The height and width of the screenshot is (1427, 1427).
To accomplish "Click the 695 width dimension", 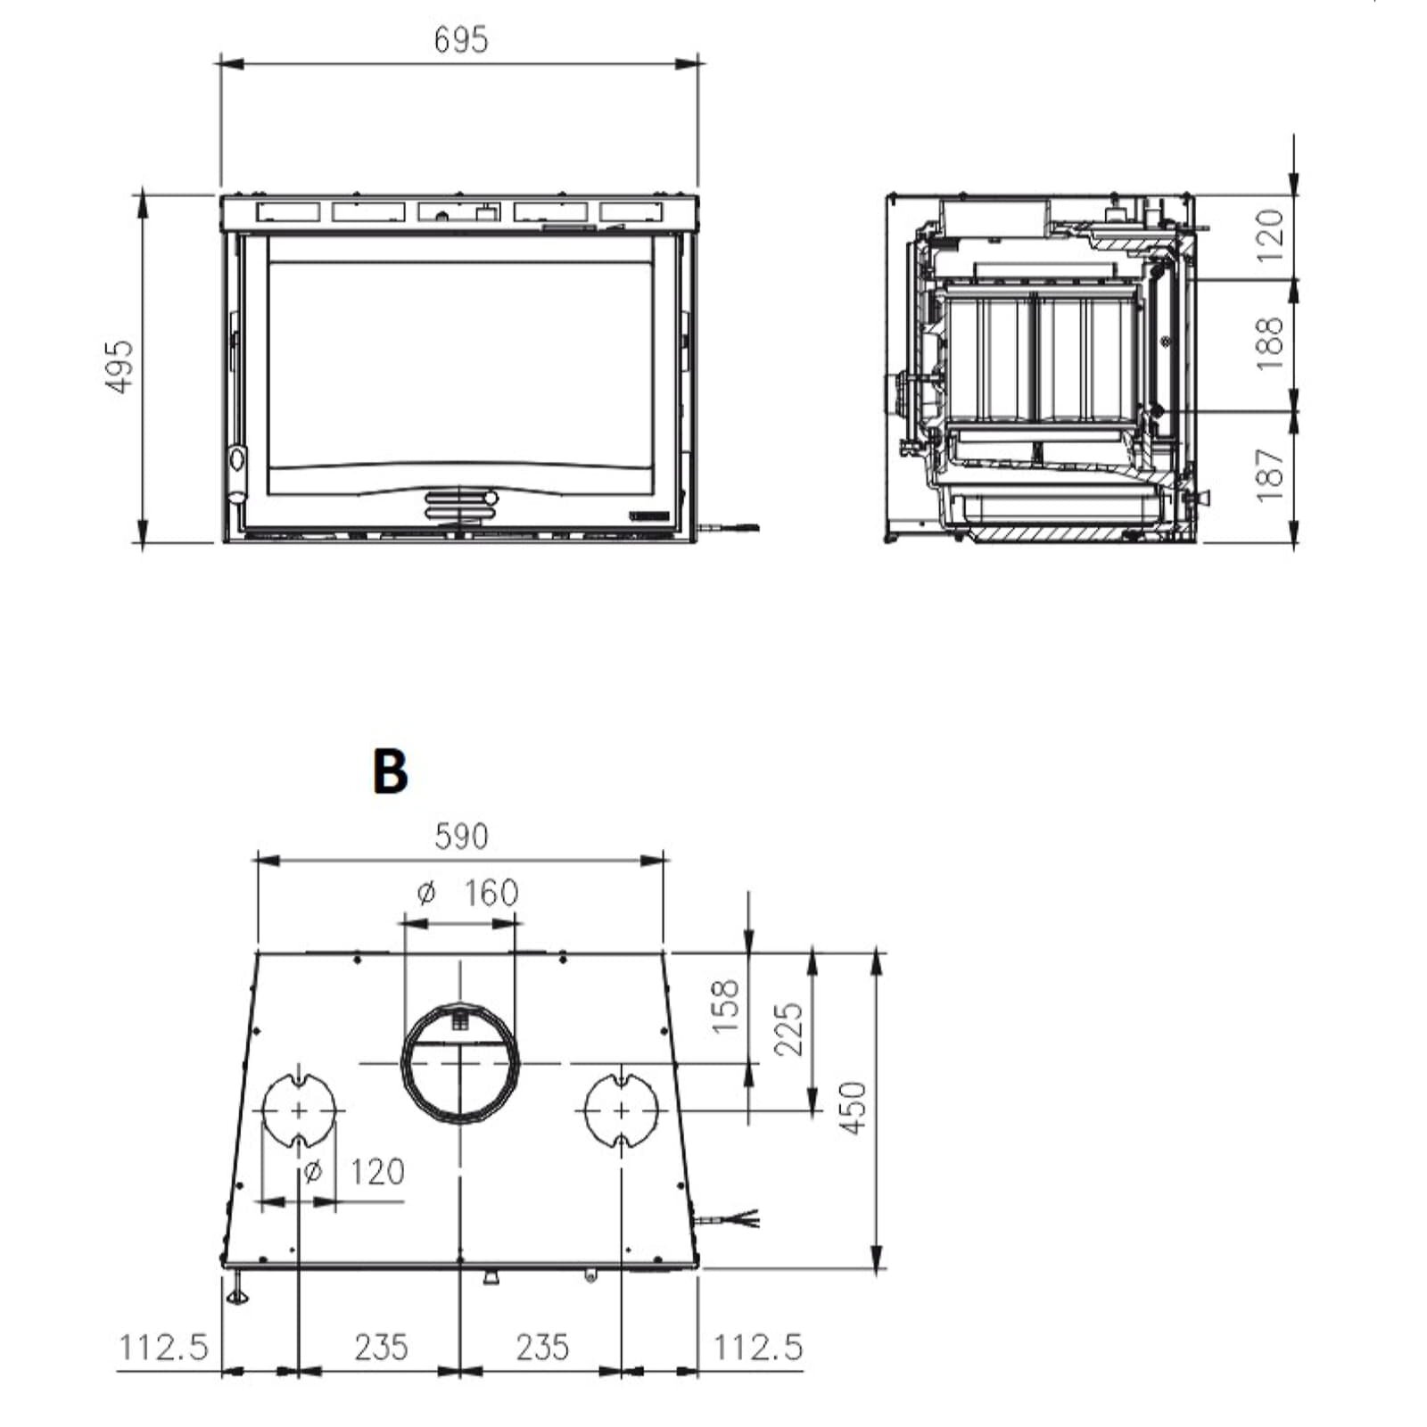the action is pyautogui.click(x=461, y=40).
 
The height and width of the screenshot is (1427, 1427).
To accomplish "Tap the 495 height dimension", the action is pyautogui.click(x=120, y=365).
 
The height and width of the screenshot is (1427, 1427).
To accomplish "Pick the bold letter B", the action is pyautogui.click(x=391, y=771).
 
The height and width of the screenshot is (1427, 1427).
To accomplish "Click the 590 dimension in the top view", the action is pyautogui.click(x=461, y=837).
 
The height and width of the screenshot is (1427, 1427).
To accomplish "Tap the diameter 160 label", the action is pyautogui.click(x=468, y=892).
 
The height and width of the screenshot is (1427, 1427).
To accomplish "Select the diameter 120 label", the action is pyautogui.click(x=354, y=1171).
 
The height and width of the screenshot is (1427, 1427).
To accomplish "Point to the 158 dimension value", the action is pyautogui.click(x=727, y=1006).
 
